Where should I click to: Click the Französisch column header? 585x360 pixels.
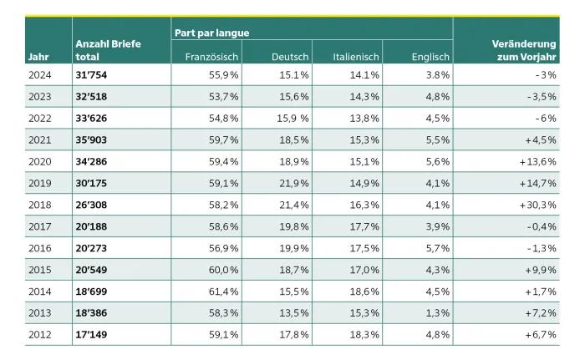pos(211,57)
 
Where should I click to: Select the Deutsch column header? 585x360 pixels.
pos(290,57)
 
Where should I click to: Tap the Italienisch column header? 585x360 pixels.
pos(356,57)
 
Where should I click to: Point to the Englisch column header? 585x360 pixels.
pos(430,57)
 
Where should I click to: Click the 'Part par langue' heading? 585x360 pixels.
pos(212,33)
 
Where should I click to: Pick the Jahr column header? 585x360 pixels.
pos(38,57)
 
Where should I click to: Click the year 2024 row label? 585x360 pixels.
pos(40,75)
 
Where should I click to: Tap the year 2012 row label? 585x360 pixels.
pos(40,335)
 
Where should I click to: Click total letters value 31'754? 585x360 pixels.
pos(94,75)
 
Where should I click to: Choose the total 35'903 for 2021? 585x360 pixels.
pos(94,139)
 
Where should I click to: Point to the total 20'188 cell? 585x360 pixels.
pos(94,226)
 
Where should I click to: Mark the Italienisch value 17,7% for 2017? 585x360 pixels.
pos(364,226)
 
